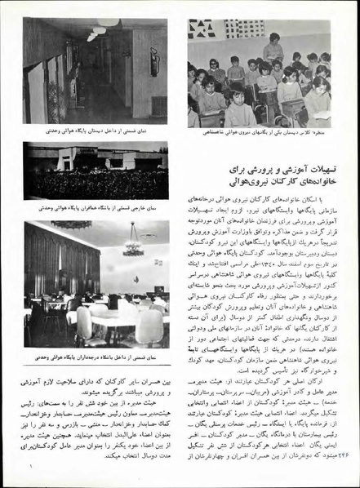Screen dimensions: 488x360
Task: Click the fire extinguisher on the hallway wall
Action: click(153, 60)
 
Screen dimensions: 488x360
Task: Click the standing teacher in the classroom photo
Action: click(273, 48)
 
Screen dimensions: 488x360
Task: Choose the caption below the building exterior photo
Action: click(96, 209)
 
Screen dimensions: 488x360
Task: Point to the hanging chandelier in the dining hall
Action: click(133, 245)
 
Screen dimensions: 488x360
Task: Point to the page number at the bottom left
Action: click(31, 466)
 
